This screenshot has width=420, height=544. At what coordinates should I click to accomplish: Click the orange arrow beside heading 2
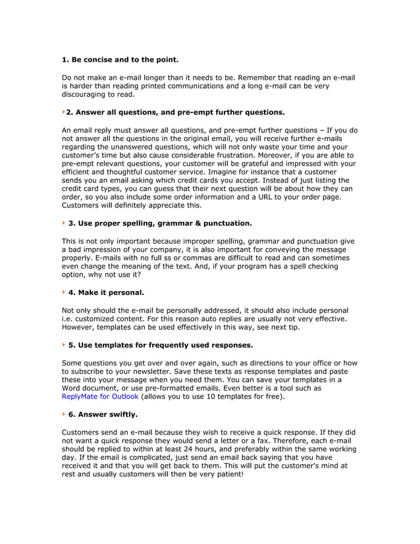pyautogui.click(x=64, y=112)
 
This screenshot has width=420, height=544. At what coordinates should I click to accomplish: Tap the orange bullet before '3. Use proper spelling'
pyautogui.click(x=64, y=223)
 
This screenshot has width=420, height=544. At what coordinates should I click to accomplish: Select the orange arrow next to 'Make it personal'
pyautogui.click(x=64, y=292)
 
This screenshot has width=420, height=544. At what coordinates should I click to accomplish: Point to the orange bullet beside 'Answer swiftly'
pyautogui.click(x=64, y=414)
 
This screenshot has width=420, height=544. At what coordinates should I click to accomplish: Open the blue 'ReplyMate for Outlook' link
pyautogui.click(x=100, y=396)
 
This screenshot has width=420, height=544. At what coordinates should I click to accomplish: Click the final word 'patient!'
pyautogui.click(x=228, y=474)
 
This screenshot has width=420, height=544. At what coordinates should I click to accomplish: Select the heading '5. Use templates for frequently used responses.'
pyautogui.click(x=161, y=344)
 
